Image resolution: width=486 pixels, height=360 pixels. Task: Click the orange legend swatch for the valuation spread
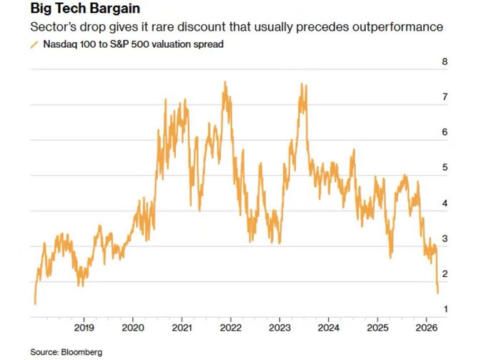pyautogui.click(x=34, y=45)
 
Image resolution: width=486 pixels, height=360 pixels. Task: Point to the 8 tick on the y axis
pyautogui.click(x=445, y=61)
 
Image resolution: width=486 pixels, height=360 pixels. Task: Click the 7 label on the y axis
pyautogui.click(x=445, y=96)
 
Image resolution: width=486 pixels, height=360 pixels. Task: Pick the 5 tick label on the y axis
pyautogui.click(x=445, y=168)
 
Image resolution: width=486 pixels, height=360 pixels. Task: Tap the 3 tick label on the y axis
pyautogui.click(x=445, y=238)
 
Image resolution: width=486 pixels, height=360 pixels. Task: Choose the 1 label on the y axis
pyautogui.click(x=445, y=309)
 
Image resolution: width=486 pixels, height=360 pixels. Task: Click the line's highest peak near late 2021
pyautogui.click(x=225, y=82)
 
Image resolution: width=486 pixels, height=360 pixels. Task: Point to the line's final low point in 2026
pyautogui.click(x=437, y=291)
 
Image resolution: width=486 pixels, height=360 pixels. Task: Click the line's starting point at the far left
pyautogui.click(x=34, y=304)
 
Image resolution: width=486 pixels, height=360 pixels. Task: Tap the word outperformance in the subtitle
pyautogui.click(x=401, y=28)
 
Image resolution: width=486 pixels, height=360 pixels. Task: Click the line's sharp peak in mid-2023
pyautogui.click(x=303, y=84)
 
